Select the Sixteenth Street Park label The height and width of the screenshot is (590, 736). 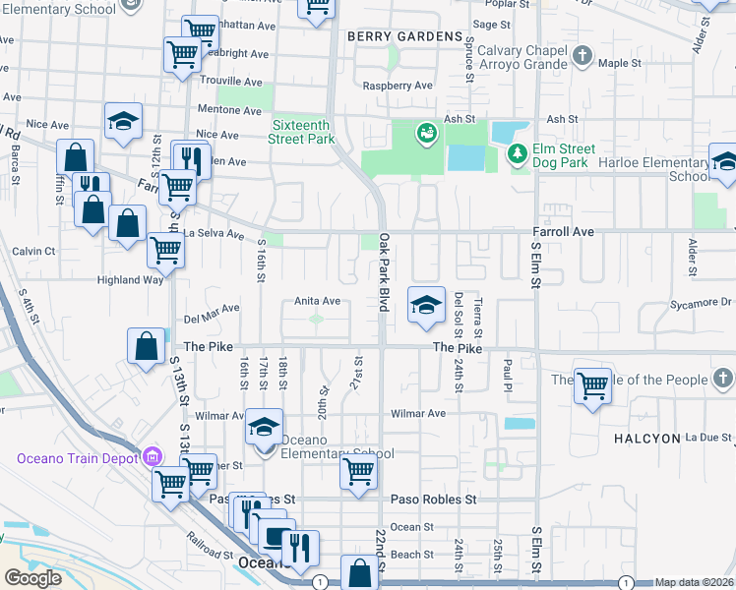[303, 132]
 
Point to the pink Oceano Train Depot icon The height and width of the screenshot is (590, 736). [151, 457]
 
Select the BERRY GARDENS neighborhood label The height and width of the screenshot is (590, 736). [404, 36]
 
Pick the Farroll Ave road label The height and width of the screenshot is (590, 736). [564, 232]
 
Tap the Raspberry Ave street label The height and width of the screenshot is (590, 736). [397, 86]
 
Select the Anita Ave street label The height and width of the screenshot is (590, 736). [318, 301]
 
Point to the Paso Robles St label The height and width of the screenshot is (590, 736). [433, 499]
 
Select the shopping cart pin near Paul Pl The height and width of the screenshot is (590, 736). [592, 386]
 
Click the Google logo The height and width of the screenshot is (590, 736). [33, 578]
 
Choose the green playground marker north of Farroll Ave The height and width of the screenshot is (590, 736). [425, 132]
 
